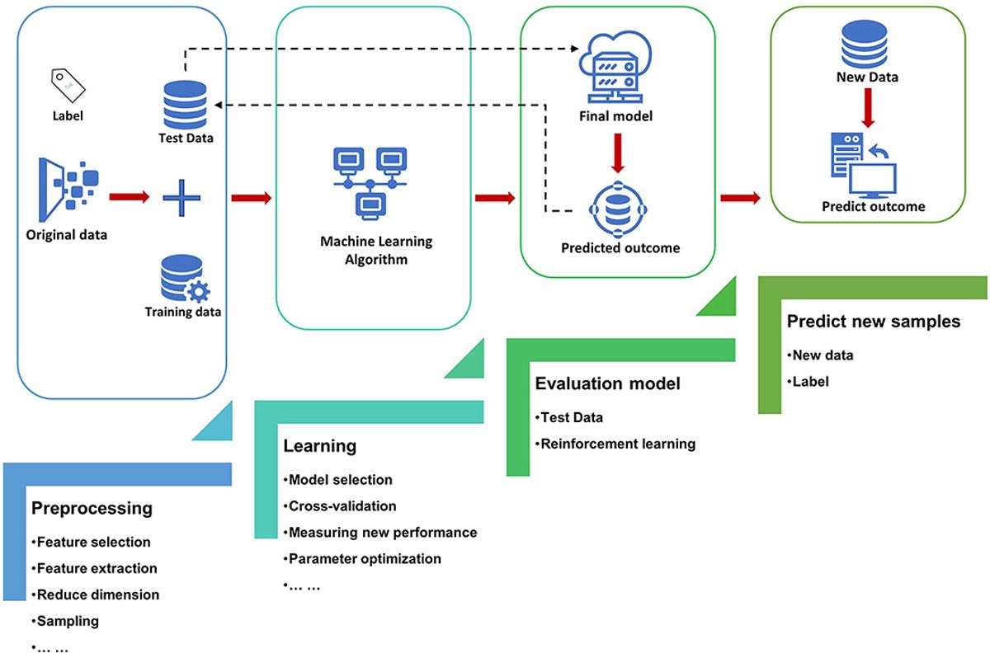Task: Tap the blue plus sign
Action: (181, 198)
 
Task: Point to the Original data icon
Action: (67, 187)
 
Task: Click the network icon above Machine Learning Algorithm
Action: (370, 182)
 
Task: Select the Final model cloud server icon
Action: (615, 70)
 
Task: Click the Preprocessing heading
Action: (92, 509)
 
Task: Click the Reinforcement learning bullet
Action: (617, 444)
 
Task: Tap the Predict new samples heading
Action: (874, 322)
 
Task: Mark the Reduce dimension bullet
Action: (97, 594)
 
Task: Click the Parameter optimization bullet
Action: (364, 558)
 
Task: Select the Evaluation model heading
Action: (608, 383)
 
